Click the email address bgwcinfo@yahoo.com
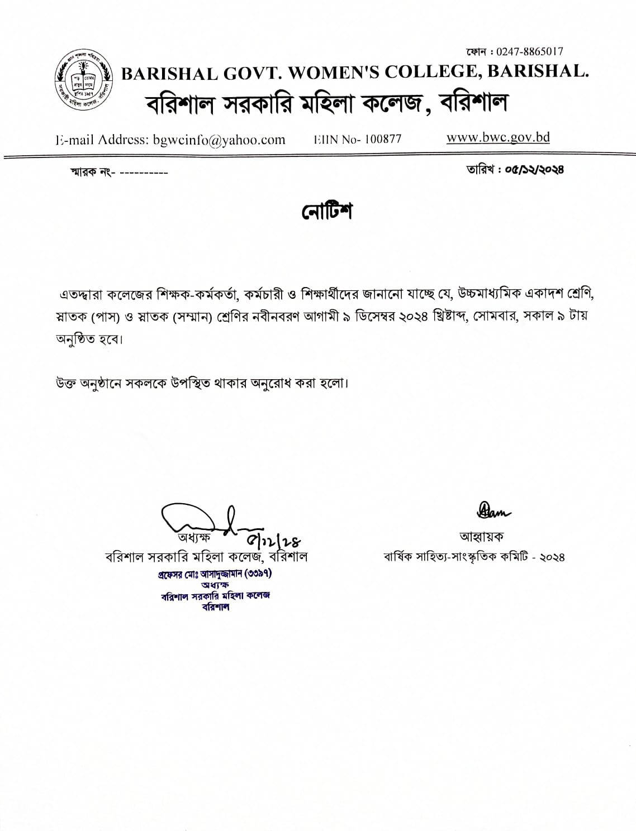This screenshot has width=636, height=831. click(x=219, y=140)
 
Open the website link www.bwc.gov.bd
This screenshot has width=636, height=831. click(x=498, y=137)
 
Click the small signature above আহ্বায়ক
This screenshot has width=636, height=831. click(x=493, y=509)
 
